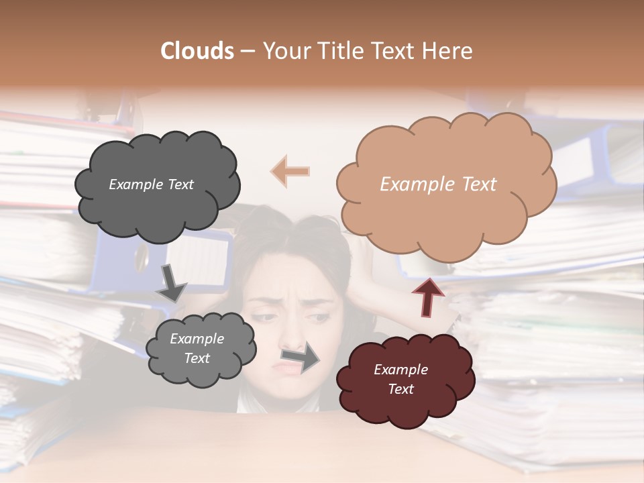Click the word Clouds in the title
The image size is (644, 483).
click(197, 51)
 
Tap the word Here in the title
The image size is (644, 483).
click(446, 51)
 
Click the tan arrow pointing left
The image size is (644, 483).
click(290, 171)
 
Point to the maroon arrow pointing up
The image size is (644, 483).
click(427, 297)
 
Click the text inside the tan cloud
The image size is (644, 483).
click(438, 184)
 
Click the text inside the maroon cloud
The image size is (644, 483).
click(400, 379)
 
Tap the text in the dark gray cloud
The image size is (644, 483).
click(151, 184)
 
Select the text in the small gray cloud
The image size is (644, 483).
click(197, 348)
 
